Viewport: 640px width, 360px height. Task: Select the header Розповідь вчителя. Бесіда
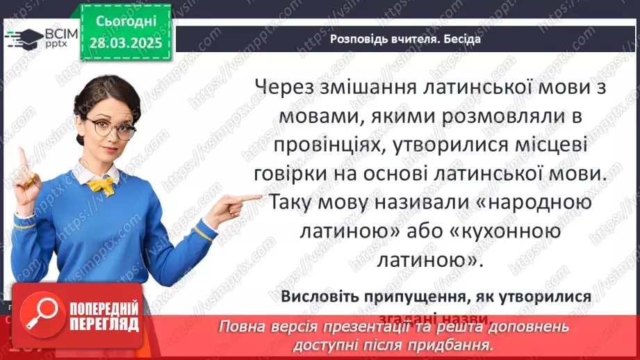coord(404,39)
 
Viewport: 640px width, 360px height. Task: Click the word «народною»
coord(534,203)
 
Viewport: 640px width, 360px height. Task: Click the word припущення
coord(411,297)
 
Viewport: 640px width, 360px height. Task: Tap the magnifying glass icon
coord(38,313)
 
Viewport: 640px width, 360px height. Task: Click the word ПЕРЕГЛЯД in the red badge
coord(104,324)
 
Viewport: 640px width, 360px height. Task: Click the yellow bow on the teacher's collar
coord(101,185)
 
